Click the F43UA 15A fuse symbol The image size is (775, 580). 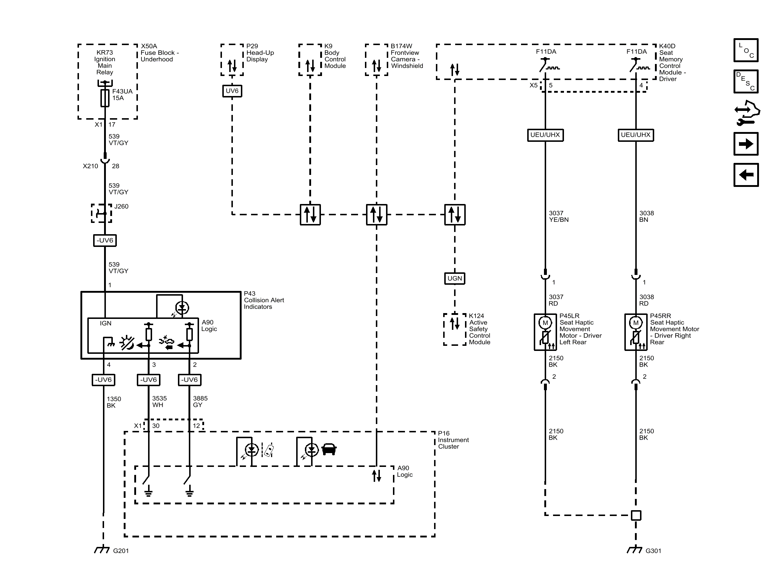point(105,98)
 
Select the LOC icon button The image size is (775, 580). point(746,50)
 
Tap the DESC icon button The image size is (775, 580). point(746,81)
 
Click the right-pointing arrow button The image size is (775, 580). point(746,144)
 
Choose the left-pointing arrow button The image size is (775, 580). point(746,175)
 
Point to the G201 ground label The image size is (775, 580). point(121,551)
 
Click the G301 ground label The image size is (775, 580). point(653,551)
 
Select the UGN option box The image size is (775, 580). point(454,279)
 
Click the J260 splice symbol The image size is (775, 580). point(101,213)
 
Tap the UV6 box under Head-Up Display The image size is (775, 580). point(232,91)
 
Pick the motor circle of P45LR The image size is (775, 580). point(545,323)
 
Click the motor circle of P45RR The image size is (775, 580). point(636,323)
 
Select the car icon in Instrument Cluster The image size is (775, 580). point(329,449)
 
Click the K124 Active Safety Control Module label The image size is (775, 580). point(479,329)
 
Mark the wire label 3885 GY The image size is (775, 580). point(200,402)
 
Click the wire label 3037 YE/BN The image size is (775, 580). point(558,216)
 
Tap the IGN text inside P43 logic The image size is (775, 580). point(106,323)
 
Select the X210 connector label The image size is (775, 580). point(90,166)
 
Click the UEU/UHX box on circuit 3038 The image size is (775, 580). point(635,135)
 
